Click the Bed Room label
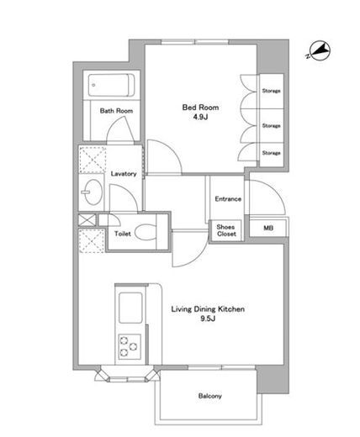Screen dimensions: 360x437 coord(200,108)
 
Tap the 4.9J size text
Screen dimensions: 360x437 coord(200,117)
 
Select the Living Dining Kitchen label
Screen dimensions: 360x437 coord(208,309)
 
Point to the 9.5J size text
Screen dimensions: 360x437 coord(208,319)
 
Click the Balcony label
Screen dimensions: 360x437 coord(210,396)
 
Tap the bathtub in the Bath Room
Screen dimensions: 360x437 coord(111,85)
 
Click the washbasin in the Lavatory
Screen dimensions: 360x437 coord(93,192)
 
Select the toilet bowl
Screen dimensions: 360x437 coord(146,232)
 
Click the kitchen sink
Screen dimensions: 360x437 coord(130,308)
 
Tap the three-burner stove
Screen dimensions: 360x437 coord(130,346)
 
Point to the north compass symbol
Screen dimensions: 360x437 coord(319,50)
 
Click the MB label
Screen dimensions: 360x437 coord(268,228)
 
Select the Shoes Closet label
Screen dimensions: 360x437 coord(226,230)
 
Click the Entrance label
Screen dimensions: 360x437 coord(228,199)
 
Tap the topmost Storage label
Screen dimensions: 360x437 coord(271,91)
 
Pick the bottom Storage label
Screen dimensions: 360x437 coord(271,153)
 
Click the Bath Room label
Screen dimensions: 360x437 coord(116,111)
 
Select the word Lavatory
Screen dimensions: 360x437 coord(124,174)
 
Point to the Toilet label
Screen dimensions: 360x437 coord(123,234)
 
